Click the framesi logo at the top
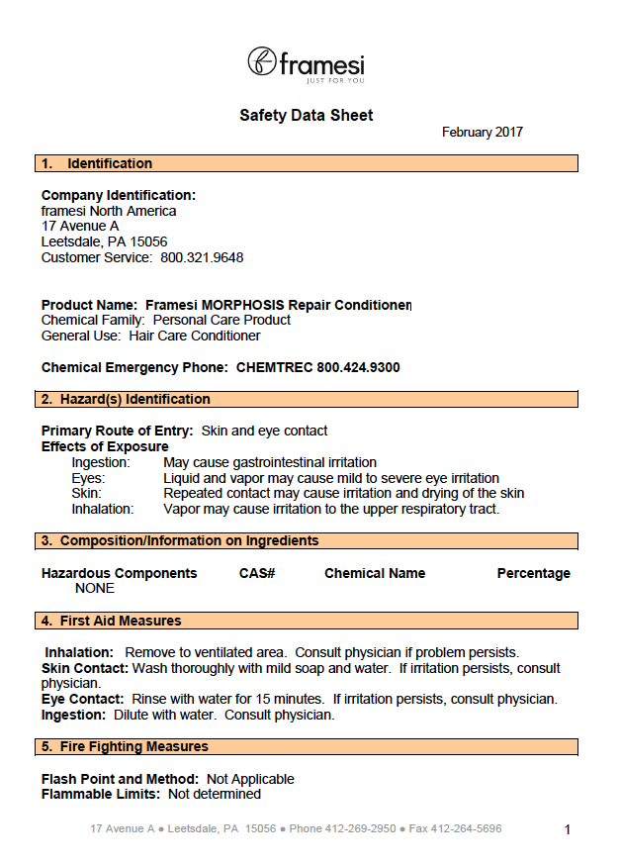(306, 63)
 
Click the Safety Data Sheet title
(307, 116)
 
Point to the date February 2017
(483, 133)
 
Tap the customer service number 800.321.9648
(202, 258)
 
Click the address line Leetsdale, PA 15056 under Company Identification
(104, 241)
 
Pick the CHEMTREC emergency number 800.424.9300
(358, 367)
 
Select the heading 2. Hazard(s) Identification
(126, 399)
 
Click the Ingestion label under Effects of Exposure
(101, 462)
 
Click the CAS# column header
(257, 573)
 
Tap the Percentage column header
(533, 573)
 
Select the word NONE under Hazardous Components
(95, 589)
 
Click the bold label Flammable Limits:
(101, 794)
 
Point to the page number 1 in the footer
(568, 829)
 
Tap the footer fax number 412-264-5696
(469, 828)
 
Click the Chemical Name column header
(375, 573)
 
